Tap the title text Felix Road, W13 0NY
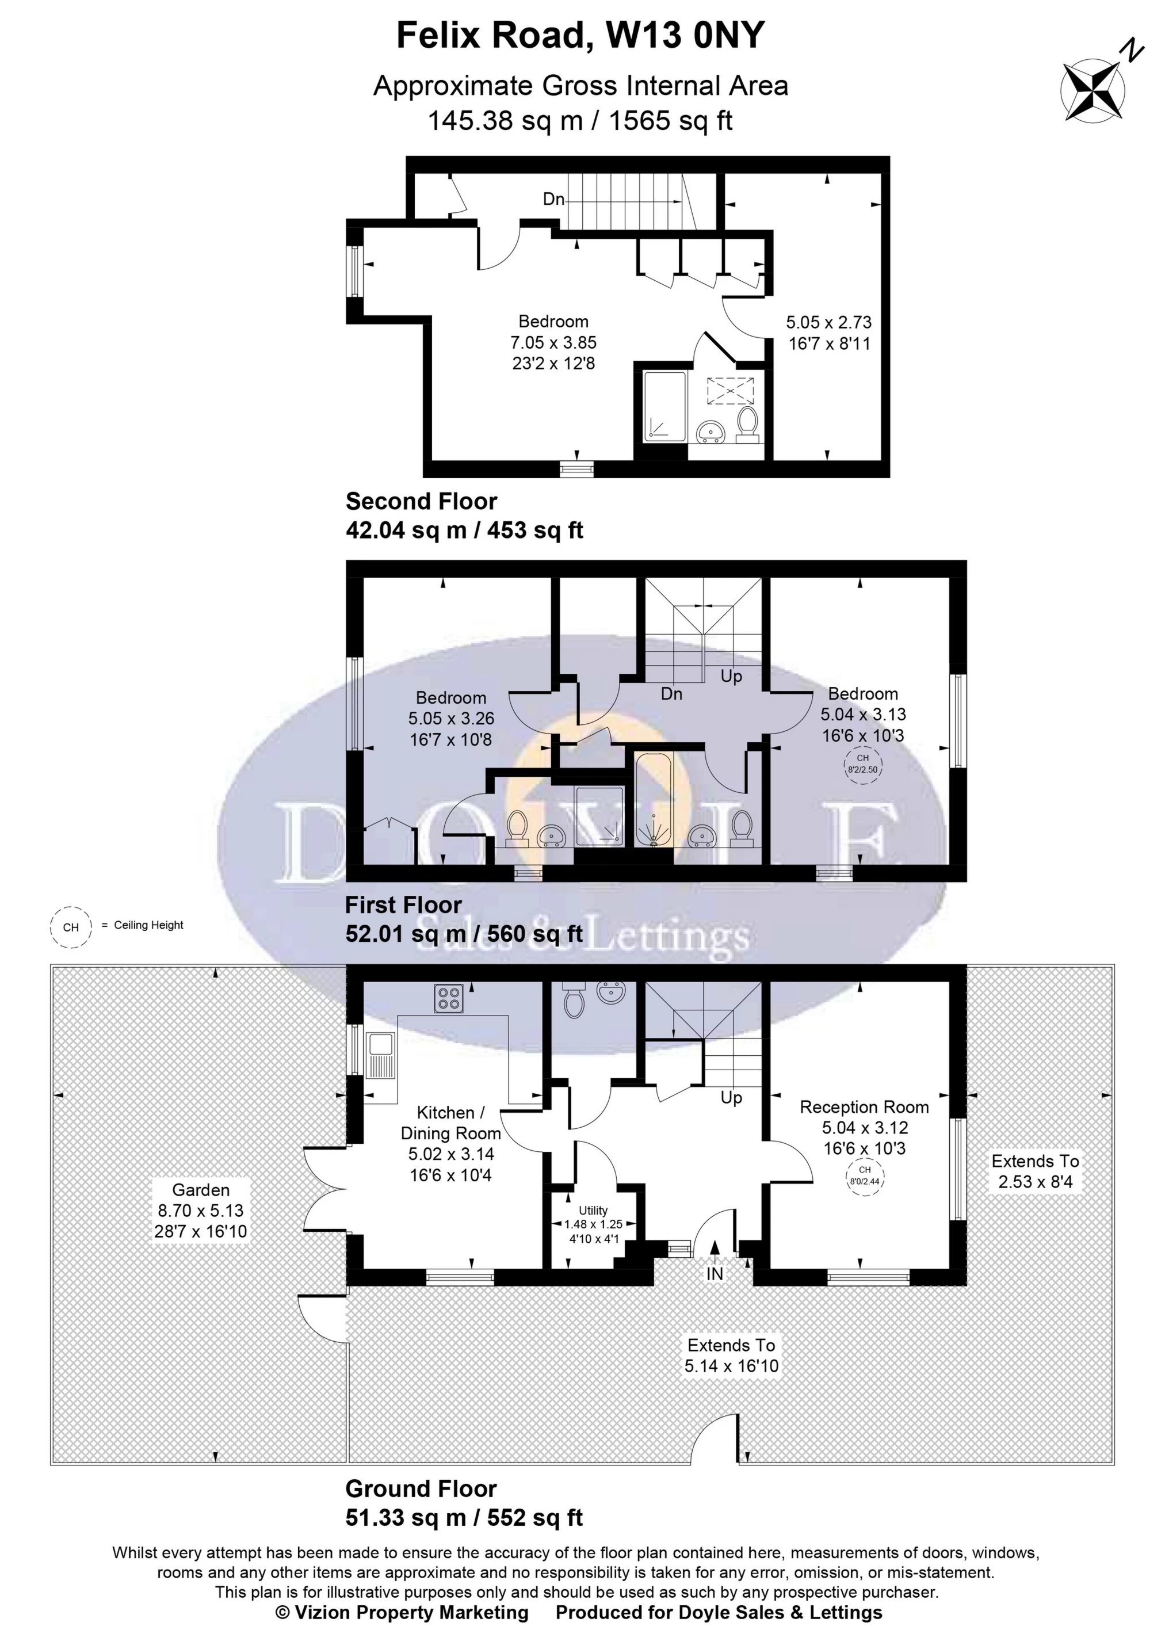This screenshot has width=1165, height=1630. pyautogui.click(x=582, y=36)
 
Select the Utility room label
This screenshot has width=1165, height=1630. pyautogui.click(x=593, y=1211)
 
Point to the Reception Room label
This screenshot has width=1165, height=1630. pyautogui.click(x=865, y=1107)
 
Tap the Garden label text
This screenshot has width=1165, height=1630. pyautogui.click(x=201, y=1190)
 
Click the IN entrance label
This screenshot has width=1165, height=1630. pyautogui.click(x=715, y=1273)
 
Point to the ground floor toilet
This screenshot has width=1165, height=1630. pyautogui.click(x=575, y=998)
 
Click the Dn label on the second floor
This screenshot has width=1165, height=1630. pyautogui.click(x=553, y=198)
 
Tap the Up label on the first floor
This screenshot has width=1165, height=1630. pyautogui.click(x=731, y=676)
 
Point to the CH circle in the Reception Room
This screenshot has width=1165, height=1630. pyautogui.click(x=865, y=1177)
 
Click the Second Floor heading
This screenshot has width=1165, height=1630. pyautogui.click(x=421, y=501)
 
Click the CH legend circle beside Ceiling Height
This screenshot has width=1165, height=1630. pyautogui.click(x=70, y=927)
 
